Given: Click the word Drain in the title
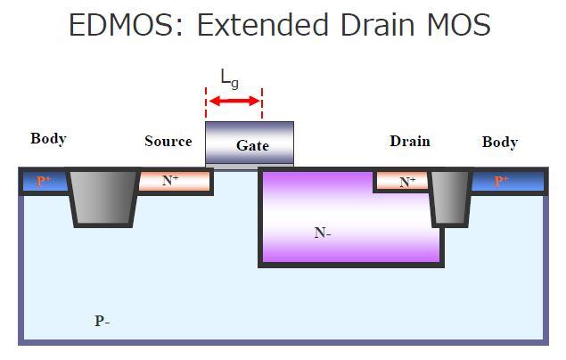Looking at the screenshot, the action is [x=377, y=25].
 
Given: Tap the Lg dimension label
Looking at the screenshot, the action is [x=230, y=79].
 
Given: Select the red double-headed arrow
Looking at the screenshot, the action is [x=234, y=101].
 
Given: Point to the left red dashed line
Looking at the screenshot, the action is [x=206, y=102].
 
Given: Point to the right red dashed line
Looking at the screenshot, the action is [x=262, y=102].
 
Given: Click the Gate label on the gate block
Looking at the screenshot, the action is [x=252, y=145].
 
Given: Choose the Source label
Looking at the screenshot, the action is [x=168, y=141].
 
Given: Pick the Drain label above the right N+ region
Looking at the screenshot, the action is [x=410, y=141].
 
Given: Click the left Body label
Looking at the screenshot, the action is [x=48, y=138].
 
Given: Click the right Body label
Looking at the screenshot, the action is [x=500, y=142].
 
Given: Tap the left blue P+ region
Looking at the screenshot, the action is [x=45, y=181].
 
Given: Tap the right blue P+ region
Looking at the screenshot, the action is [x=507, y=181].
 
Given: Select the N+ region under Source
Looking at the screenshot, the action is [x=174, y=181].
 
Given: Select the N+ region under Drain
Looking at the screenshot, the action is [x=402, y=181].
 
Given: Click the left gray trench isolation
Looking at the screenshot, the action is [x=103, y=198].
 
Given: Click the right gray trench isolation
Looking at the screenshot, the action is [x=450, y=198].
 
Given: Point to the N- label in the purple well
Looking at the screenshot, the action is [x=323, y=233].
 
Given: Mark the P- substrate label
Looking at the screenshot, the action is [x=103, y=321].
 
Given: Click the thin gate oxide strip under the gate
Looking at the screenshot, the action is [x=250, y=167].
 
